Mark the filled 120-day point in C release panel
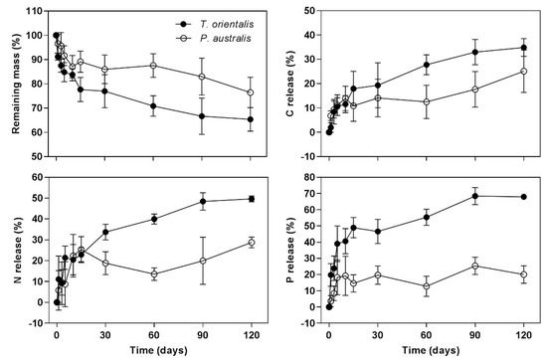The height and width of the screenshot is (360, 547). (524, 48)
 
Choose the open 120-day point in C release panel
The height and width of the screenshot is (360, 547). (524, 72)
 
